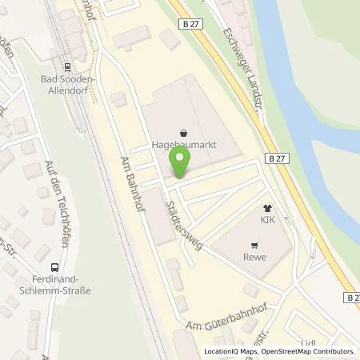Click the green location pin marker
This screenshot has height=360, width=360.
(x=180, y=164)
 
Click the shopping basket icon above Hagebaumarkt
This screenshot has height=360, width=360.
(x=185, y=133)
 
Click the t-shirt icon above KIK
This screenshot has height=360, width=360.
(x=267, y=206)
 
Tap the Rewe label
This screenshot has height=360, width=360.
(x=254, y=258)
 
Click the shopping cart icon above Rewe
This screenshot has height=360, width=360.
(x=254, y=246)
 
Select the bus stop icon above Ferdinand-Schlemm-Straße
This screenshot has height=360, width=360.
(x=55, y=267)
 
